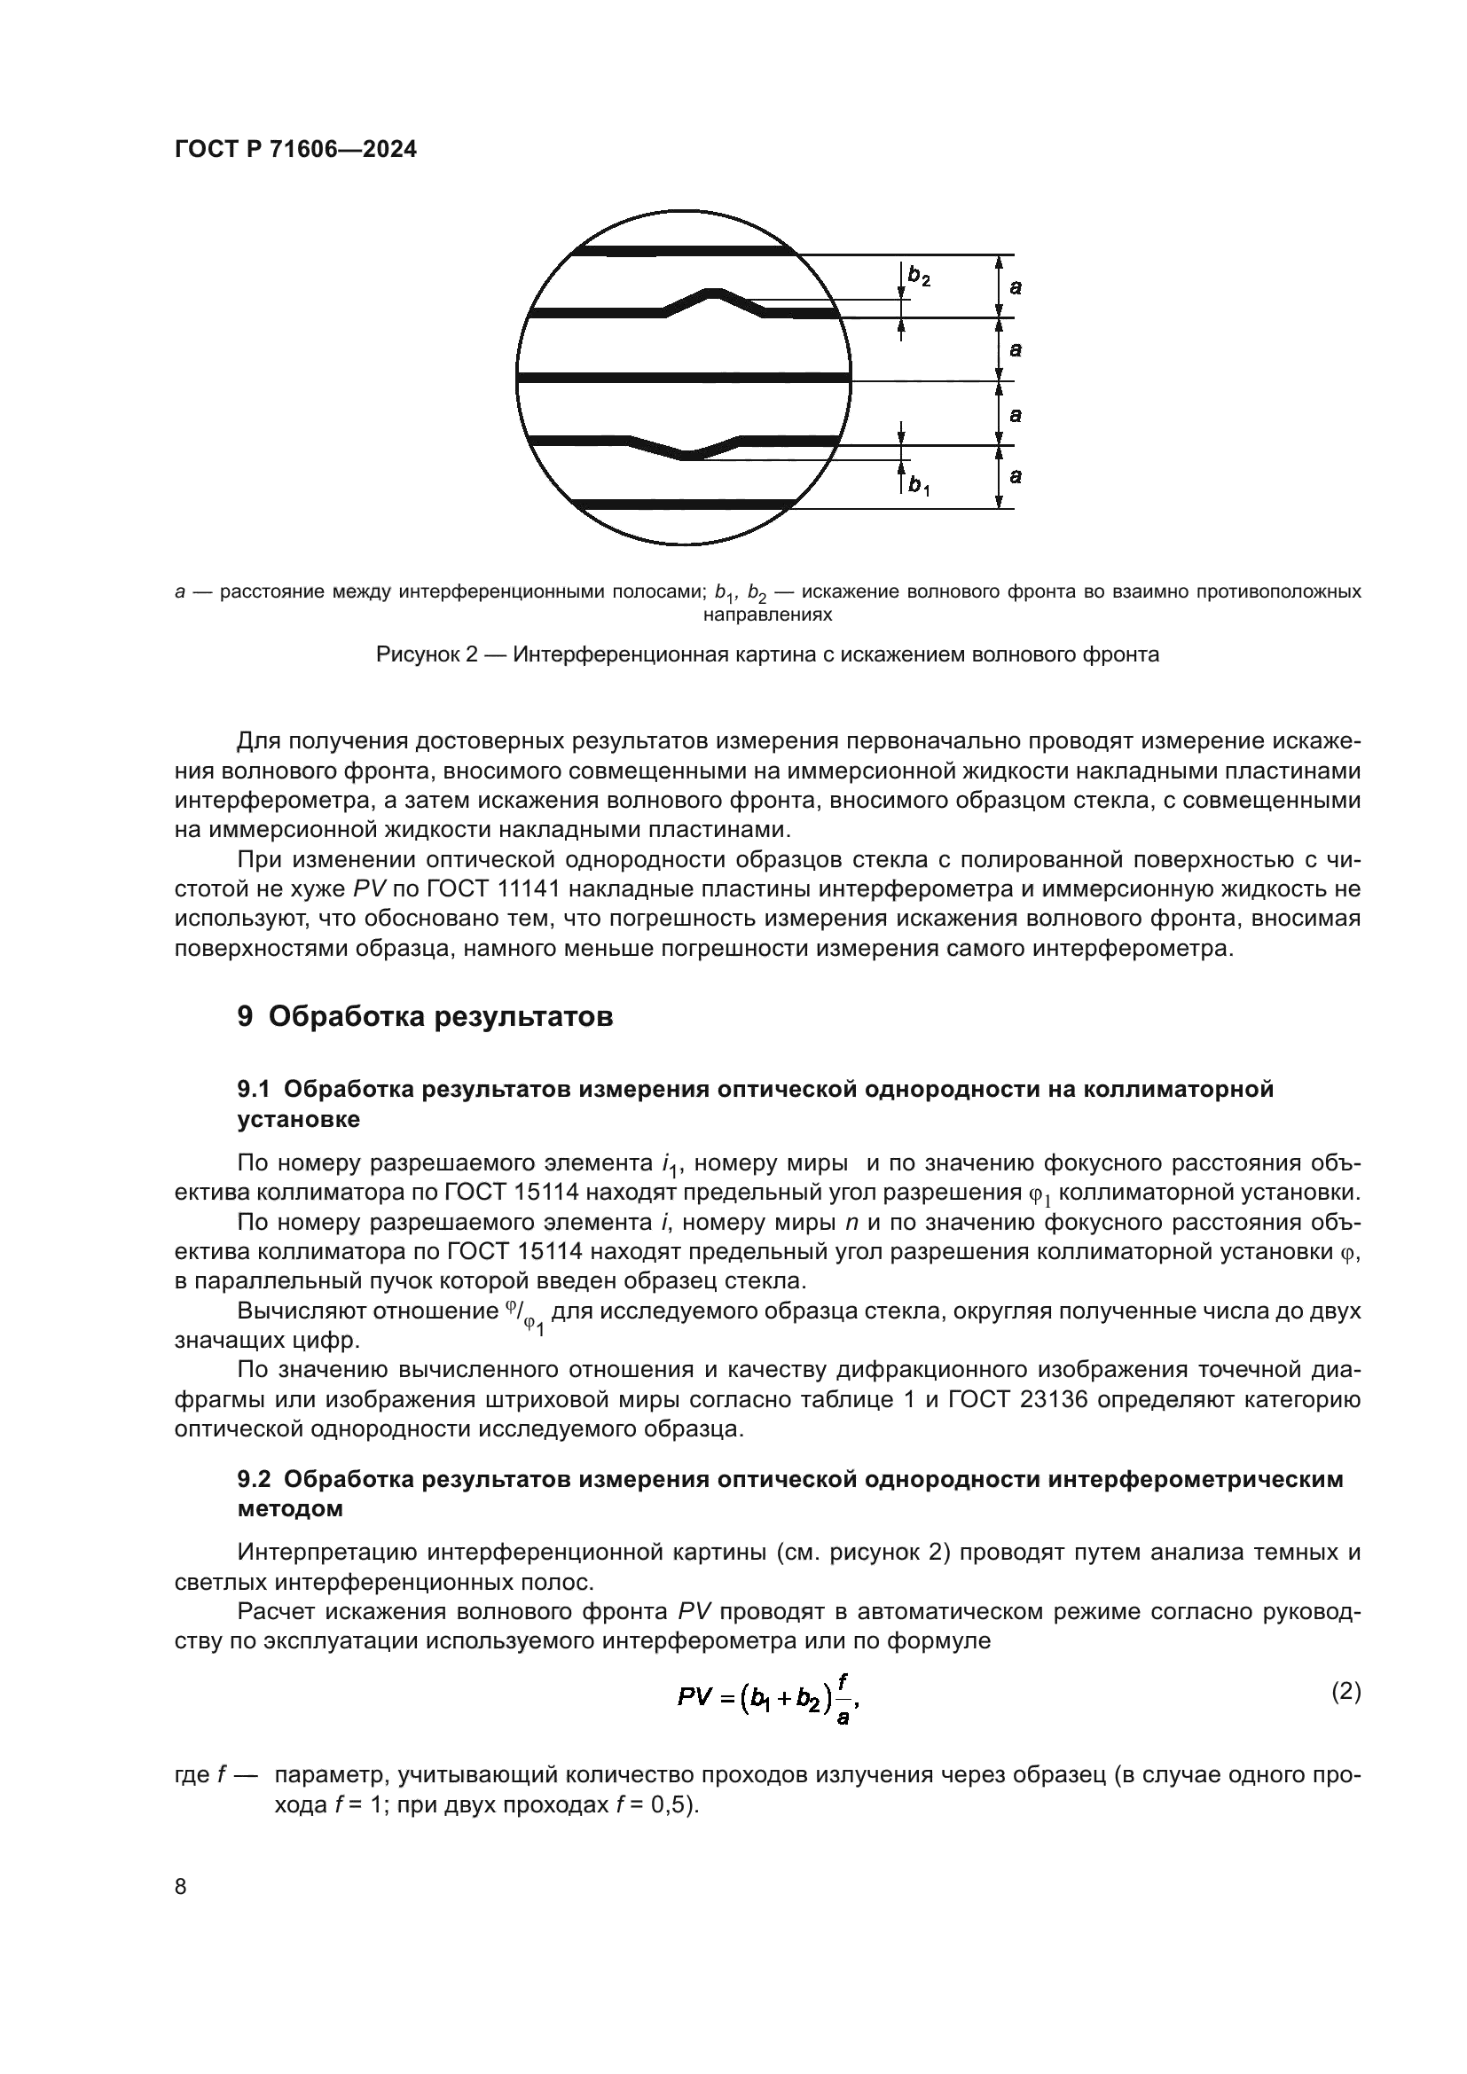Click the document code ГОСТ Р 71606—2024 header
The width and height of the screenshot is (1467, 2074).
coord(295,150)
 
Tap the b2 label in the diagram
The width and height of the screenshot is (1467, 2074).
coord(919,277)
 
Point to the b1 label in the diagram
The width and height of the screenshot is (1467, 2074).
coord(919,487)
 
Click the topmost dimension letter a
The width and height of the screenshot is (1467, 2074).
coord(1016,287)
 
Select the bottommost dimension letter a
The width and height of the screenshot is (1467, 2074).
coord(1016,476)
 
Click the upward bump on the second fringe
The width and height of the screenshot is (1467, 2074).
coord(714,293)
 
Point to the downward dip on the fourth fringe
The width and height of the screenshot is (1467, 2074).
coord(690,454)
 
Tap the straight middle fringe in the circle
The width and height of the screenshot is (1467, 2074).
coord(684,378)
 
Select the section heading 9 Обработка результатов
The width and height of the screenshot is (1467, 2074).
coord(426,1016)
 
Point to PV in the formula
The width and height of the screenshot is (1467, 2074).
coord(694,1697)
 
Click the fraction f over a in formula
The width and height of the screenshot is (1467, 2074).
coord(843,1698)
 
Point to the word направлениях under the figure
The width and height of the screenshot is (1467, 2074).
coord(767,615)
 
